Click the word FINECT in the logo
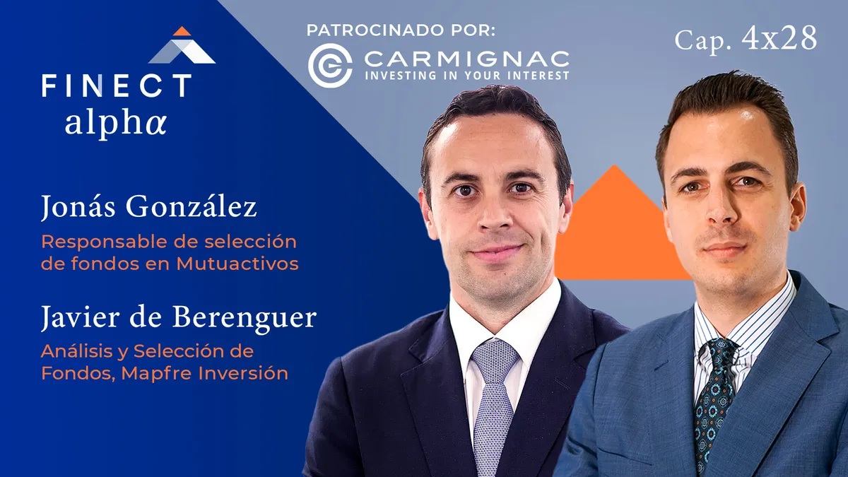[117, 86]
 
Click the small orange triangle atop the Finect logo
[182, 31]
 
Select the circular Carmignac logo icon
[330, 66]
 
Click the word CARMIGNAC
[467, 59]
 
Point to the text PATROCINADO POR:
[401, 30]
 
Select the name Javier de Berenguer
[179, 317]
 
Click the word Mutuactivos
[237, 264]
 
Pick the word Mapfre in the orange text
[157, 373]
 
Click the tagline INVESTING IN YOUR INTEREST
[467, 75]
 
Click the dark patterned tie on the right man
[714, 401]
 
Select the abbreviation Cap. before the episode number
[702, 40]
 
